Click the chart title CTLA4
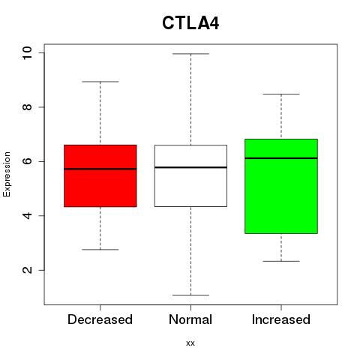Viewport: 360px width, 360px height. click(190, 23)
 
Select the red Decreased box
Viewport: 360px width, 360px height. click(100, 175)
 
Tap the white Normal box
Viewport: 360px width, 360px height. click(190, 175)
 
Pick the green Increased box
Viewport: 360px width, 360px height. click(281, 186)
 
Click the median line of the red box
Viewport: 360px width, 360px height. click(100, 169)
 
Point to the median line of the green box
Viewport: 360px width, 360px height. click(281, 158)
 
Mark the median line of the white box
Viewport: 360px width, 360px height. click(190, 167)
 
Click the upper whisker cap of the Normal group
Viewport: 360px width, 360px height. click(190, 54)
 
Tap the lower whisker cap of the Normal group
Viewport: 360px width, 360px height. click(190, 295)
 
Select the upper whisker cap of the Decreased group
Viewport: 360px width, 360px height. click(100, 82)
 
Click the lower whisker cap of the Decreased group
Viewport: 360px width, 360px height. click(100, 250)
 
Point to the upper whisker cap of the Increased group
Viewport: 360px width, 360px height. click(281, 94)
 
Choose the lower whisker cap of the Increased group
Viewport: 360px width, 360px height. click(281, 261)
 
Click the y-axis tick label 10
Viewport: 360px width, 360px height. click(27, 53)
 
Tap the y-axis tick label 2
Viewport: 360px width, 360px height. click(27, 270)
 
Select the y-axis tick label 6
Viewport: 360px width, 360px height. click(27, 161)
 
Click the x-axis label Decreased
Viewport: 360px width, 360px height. click(100, 319)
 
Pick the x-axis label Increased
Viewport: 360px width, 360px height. click(281, 319)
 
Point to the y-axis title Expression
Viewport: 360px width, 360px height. click(7, 174)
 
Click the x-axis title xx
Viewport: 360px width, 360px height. click(190, 343)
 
